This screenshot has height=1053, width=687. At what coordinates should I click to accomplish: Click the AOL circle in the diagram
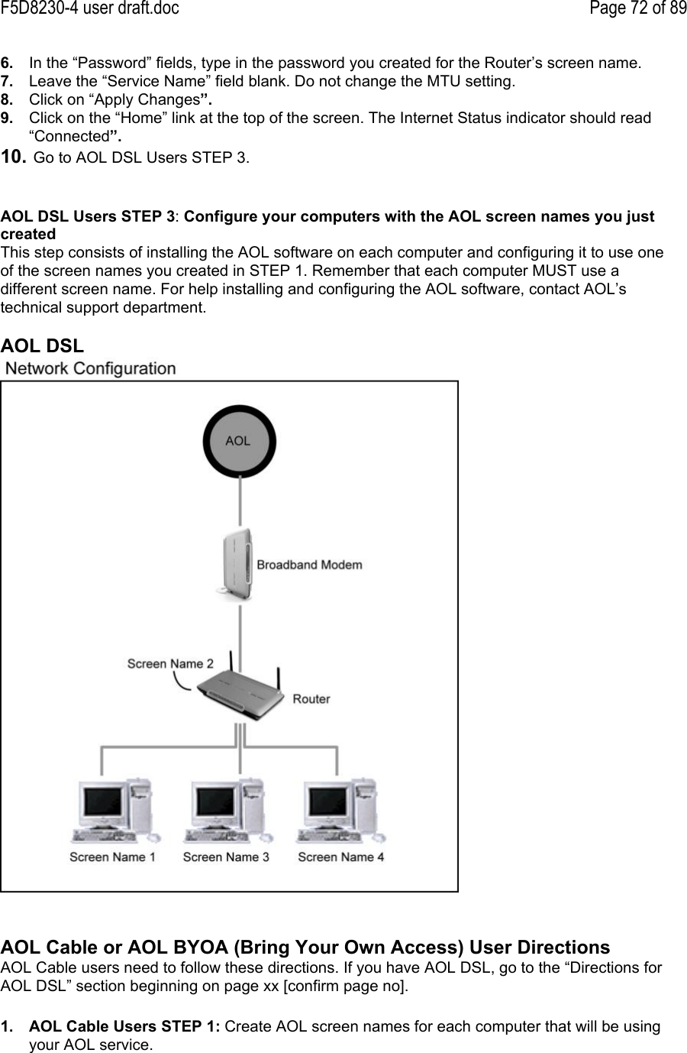click(239, 440)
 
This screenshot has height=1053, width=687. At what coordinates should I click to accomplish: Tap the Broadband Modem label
click(309, 565)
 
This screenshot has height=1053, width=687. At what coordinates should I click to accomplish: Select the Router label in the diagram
click(311, 698)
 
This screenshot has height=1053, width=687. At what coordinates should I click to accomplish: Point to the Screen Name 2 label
click(170, 663)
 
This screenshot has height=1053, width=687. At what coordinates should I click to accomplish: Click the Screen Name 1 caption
click(112, 857)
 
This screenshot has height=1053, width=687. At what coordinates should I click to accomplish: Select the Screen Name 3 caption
click(226, 857)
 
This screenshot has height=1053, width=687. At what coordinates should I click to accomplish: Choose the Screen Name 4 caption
click(340, 857)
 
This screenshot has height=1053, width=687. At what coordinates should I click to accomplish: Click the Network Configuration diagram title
click(91, 368)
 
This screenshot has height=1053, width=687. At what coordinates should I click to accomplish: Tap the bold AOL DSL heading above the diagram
click(43, 345)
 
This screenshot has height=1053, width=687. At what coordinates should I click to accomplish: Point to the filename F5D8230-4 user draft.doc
click(89, 9)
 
